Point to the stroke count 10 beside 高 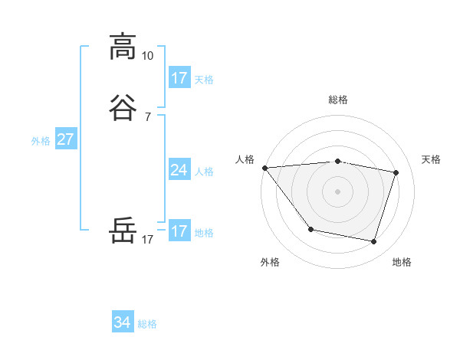pyautogui.click(x=148, y=56)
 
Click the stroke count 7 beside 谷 pyautogui.click(x=148, y=117)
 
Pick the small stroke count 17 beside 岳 pyautogui.click(x=148, y=240)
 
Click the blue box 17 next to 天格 pyautogui.click(x=179, y=78)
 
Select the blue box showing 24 pyautogui.click(x=179, y=170)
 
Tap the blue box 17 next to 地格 pyautogui.click(x=179, y=231)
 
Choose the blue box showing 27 pyautogui.click(x=65, y=139)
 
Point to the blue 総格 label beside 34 pyautogui.click(x=147, y=324)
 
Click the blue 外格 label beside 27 pyautogui.click(x=41, y=141)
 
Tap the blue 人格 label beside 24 pyautogui.click(x=205, y=172)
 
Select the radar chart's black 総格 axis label pyautogui.click(x=337, y=100)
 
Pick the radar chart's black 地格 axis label pyautogui.click(x=402, y=263)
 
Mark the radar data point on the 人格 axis pyautogui.click(x=264, y=168)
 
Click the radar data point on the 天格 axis pyautogui.click(x=396, y=172)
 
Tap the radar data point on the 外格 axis pyautogui.click(x=310, y=229)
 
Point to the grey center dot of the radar pyautogui.click(x=337, y=191)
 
